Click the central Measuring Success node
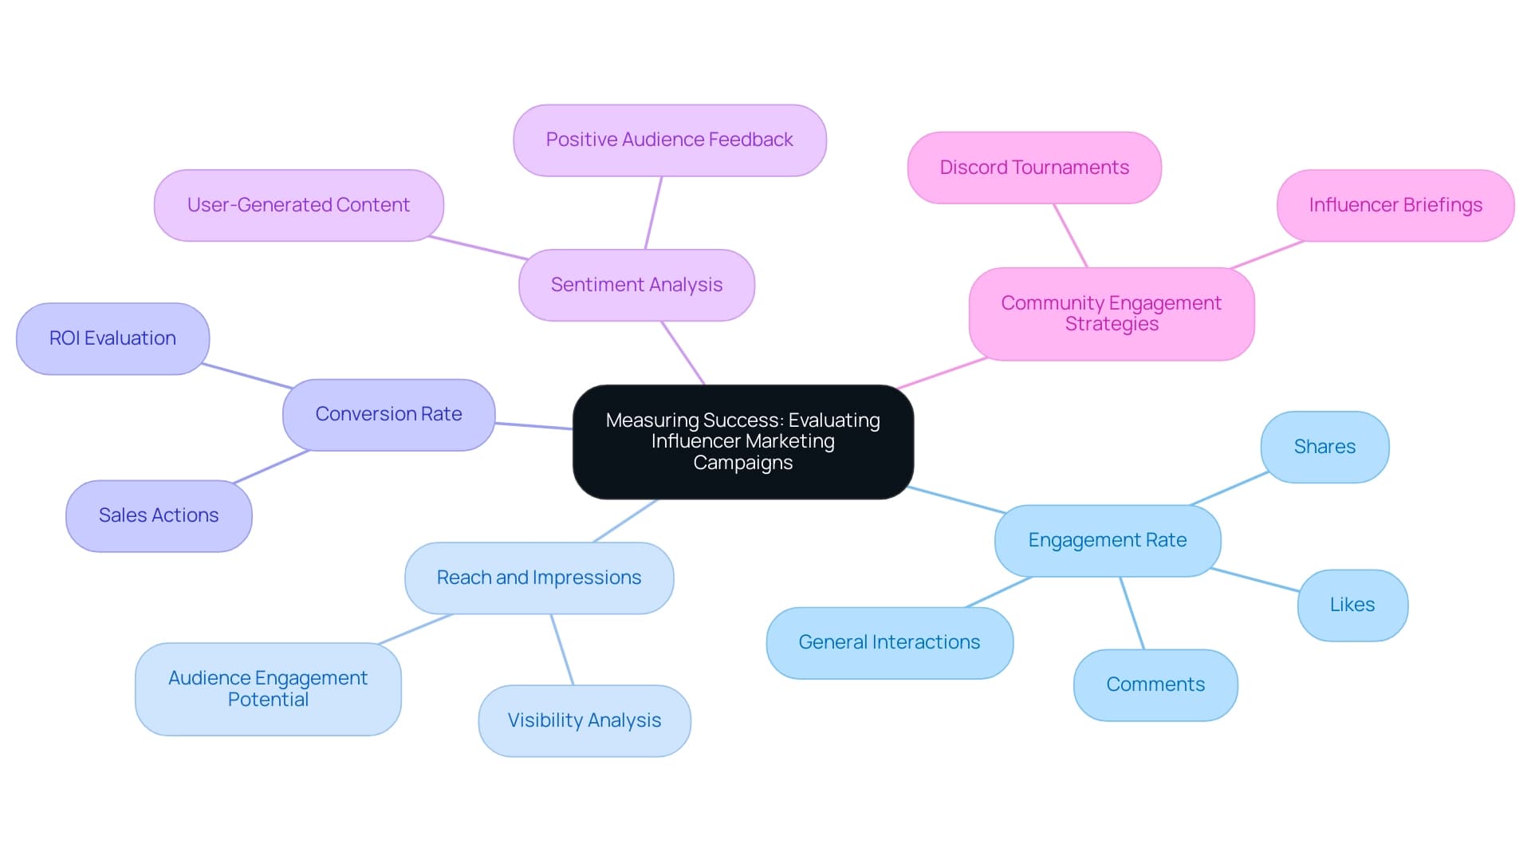[742, 441]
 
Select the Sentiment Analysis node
[636, 285]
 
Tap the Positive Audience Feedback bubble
[669, 140]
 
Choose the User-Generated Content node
[298, 205]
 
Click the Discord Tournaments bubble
[1033, 168]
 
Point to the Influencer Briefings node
[1395, 205]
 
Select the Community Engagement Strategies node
[1111, 314]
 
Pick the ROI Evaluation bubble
[112, 338]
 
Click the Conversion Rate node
[388, 414]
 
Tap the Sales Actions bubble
[159, 515]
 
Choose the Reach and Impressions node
[538, 578]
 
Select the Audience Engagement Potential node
[268, 688]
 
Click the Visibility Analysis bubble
[584, 720]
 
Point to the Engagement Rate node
[1107, 540]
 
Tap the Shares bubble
[1324, 447]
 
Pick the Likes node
[1352, 605]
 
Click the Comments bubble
[1155, 684]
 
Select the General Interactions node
[889, 642]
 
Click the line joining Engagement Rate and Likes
[1254, 580]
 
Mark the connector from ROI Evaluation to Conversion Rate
[247, 376]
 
